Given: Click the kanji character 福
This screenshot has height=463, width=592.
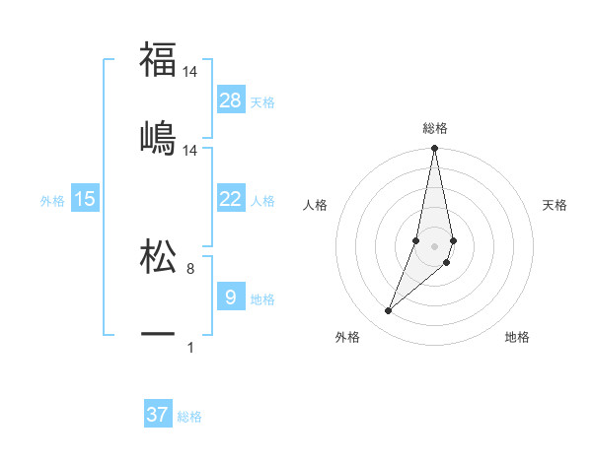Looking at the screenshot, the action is pyautogui.click(x=158, y=59).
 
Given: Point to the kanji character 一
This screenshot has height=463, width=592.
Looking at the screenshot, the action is pyautogui.click(x=158, y=335).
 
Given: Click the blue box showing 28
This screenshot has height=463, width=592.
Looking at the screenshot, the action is pyautogui.click(x=231, y=100).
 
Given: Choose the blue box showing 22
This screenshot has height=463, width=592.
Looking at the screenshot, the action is pyautogui.click(x=231, y=199).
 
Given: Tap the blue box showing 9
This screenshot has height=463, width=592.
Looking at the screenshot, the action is pyautogui.click(x=231, y=298).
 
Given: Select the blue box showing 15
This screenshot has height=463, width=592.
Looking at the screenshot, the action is pyautogui.click(x=85, y=199).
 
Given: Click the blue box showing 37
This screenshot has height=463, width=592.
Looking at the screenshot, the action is pyautogui.click(x=158, y=415).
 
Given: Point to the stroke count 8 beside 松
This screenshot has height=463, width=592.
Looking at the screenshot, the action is pyautogui.click(x=190, y=269).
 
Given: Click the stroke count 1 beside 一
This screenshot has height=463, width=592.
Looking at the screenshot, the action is pyautogui.click(x=190, y=347).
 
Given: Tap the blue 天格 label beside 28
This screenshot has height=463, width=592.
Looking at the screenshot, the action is pyautogui.click(x=262, y=101).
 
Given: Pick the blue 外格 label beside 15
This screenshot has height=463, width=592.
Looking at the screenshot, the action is pyautogui.click(x=52, y=200).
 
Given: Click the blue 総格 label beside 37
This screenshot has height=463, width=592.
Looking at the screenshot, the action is pyautogui.click(x=189, y=416).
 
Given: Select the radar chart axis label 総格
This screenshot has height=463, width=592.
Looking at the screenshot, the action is pyautogui.click(x=435, y=128).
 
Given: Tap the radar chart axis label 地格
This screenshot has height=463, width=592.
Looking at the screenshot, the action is pyautogui.click(x=517, y=337).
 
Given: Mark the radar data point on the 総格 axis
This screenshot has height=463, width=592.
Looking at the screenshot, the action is pyautogui.click(x=434, y=149).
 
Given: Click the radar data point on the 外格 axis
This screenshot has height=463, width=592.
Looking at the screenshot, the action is pyautogui.click(x=388, y=311).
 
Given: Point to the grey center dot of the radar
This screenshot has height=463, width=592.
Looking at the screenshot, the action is pyautogui.click(x=435, y=245).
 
